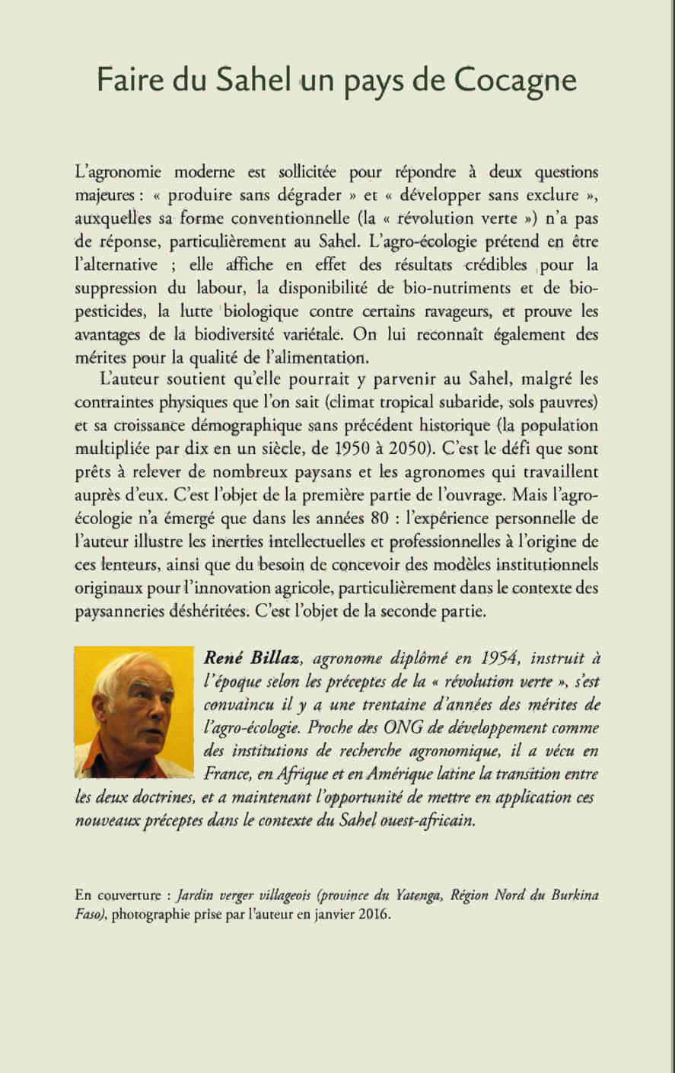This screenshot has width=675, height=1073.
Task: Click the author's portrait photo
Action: point(135,712)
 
